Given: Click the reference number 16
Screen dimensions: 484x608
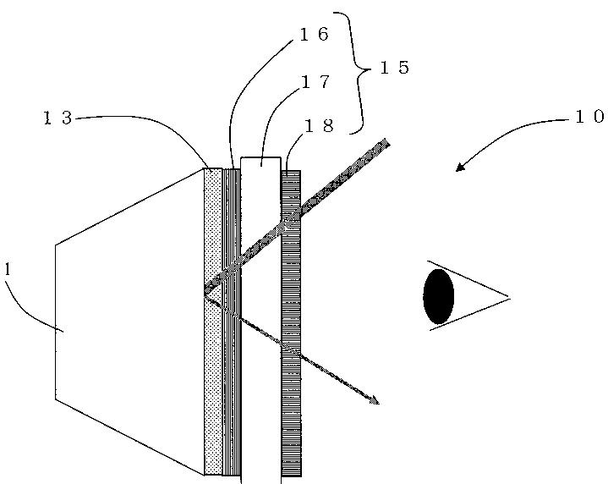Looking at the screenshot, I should click(x=314, y=35).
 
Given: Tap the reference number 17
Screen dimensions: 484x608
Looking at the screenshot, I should click(x=314, y=82).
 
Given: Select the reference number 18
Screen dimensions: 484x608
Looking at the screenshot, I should click(x=319, y=126).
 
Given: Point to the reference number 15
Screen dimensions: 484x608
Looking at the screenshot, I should click(x=394, y=68).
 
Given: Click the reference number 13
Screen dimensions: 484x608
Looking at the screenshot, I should click(x=58, y=118).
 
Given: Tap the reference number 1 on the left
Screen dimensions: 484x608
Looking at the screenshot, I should click(x=8, y=269).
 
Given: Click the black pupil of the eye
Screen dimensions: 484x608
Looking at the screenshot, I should click(x=438, y=296).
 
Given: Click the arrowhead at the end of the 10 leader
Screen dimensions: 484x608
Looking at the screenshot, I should click(x=459, y=168).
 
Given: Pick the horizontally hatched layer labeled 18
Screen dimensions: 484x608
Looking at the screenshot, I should click(x=291, y=381).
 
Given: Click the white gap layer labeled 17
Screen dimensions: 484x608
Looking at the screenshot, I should click(x=260, y=381).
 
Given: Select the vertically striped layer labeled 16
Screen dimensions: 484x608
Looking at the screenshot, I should click(x=231, y=381).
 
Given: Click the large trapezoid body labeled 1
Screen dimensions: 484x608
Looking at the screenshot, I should click(x=127, y=322).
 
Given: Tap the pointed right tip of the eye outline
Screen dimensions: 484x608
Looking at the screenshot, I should click(x=507, y=297).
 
